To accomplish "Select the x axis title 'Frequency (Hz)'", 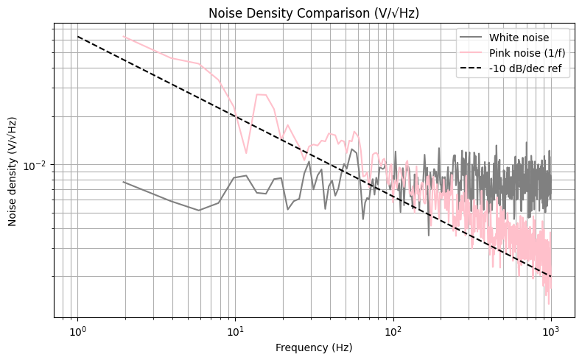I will pyautogui.click(x=314, y=347).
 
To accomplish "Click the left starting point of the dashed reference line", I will pyautogui.click(x=77, y=37).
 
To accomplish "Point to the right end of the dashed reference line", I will pyautogui.click(x=550, y=276).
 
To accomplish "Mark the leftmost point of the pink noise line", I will pyautogui.click(x=123, y=36).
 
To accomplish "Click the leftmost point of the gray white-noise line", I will pyautogui.click(x=123, y=181).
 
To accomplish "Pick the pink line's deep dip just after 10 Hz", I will pyautogui.click(x=246, y=153).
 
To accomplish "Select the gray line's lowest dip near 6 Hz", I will pyautogui.click(x=199, y=211).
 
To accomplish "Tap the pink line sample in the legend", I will pyautogui.click(x=471, y=52).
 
